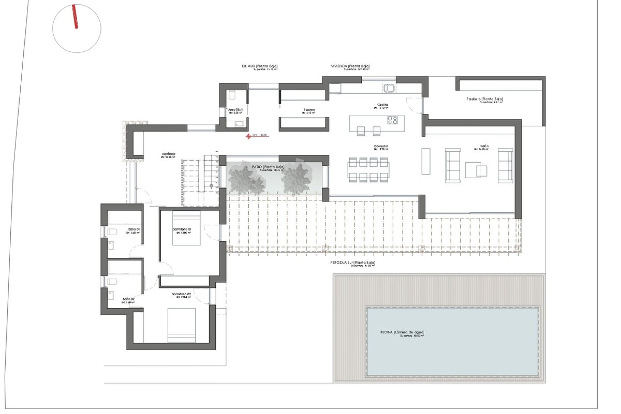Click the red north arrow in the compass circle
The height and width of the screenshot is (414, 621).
(x=75, y=17)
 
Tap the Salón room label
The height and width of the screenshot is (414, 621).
(x=484, y=146)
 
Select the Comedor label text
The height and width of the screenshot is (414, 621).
(x=381, y=146)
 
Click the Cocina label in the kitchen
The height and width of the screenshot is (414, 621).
(x=383, y=105)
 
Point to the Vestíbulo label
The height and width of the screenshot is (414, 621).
(x=169, y=154)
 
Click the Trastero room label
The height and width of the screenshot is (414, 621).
(x=309, y=110)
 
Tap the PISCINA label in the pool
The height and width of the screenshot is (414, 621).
(x=402, y=332)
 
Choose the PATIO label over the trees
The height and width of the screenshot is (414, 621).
(x=268, y=167)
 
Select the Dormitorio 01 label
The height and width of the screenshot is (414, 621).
(x=181, y=229)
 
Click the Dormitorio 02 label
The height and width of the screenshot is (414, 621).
(x=181, y=294)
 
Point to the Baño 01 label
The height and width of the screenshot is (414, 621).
(x=134, y=229)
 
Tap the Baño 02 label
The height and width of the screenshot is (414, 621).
(x=128, y=299)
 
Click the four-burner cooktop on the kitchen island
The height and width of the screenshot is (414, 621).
(x=393, y=120)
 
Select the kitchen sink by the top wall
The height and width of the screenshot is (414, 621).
(x=389, y=88)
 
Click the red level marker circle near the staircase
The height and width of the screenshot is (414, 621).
(x=248, y=136)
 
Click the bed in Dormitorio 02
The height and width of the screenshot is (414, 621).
(x=181, y=325)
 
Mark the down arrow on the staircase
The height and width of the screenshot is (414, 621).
(x=211, y=186)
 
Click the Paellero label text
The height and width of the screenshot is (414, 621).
(x=485, y=99)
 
